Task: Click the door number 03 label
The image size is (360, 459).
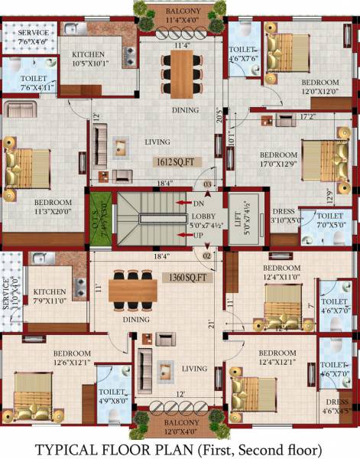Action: coord(206,185)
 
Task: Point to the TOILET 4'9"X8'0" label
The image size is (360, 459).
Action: coord(112,395)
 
